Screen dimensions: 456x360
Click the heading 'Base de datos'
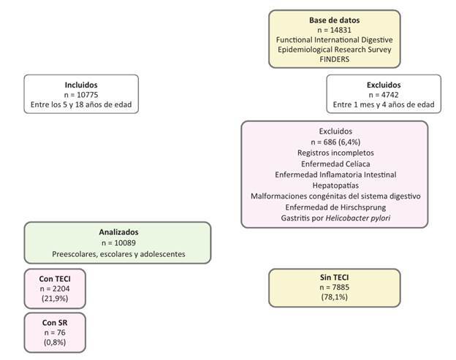coord(334,20)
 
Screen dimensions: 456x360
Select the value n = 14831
coord(334,30)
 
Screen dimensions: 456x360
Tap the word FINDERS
coord(334,59)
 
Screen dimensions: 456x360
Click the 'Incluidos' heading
coord(81,85)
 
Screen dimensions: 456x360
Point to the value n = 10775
coord(81,95)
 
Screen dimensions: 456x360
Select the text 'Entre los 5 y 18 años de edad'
coord(81,104)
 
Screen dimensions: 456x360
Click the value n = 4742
coord(384,95)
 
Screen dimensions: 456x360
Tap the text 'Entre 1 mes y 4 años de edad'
coord(384,104)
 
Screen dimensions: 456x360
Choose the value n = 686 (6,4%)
coord(335,142)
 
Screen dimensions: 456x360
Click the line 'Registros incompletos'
coord(335,153)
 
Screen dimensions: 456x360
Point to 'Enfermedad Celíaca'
coord(335,164)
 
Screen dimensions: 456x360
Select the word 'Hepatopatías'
coord(335,185)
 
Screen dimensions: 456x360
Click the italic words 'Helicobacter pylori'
coord(357,218)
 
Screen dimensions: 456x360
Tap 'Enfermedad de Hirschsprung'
coord(335,207)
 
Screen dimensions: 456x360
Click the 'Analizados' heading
coord(118,232)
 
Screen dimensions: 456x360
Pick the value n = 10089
coord(118,243)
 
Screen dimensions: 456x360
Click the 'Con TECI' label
coord(55,279)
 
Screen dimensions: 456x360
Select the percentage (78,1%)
coord(334,297)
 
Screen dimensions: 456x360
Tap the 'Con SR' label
coord(55,323)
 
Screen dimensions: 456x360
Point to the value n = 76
coord(55,333)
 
